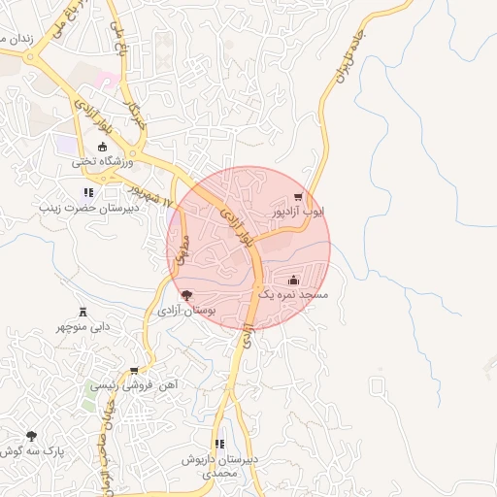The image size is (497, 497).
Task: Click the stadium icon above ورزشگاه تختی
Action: [x=103, y=147]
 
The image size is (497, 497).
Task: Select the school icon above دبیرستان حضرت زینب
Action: [x=89, y=192]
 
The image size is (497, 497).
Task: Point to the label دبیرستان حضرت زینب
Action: [x=89, y=208]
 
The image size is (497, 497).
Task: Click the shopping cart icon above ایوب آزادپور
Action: [x=311, y=195]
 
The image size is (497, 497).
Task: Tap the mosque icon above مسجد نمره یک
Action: [x=294, y=280]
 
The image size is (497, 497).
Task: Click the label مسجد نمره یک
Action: [x=294, y=294]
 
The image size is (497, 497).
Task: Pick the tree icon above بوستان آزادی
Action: [x=186, y=295]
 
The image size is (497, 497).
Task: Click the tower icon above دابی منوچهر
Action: [x=82, y=312]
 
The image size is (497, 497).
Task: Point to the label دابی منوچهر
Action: [x=82, y=327]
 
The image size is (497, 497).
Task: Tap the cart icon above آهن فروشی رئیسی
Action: [x=135, y=370]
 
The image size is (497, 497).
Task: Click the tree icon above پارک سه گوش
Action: [x=31, y=437]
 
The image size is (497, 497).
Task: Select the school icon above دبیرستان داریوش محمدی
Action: [x=219, y=444]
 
